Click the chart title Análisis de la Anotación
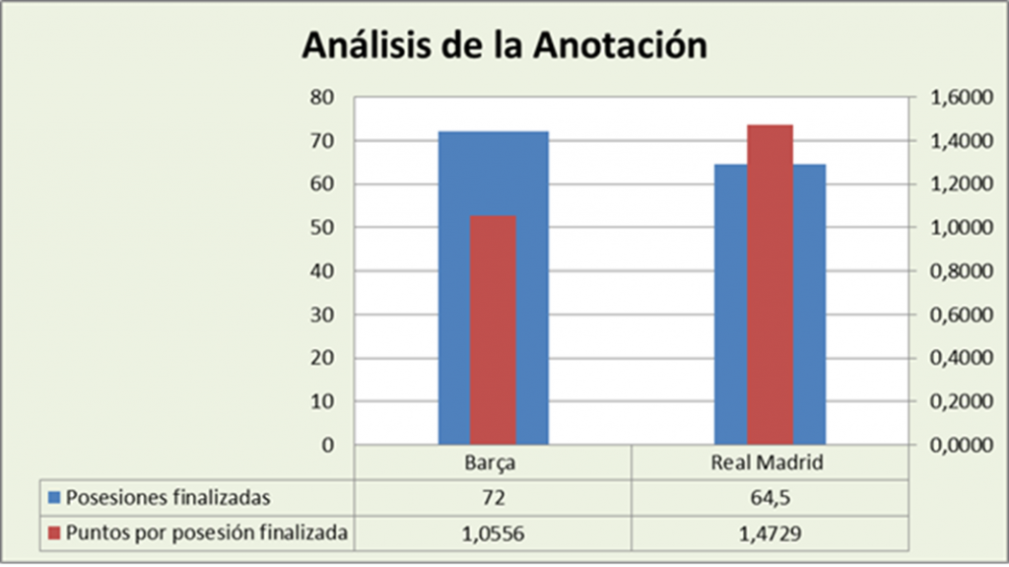click(504, 46)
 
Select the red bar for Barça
click(493, 330)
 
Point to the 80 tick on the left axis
click(322, 98)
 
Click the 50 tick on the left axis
click(322, 228)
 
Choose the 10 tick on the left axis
click(322, 402)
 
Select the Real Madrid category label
click(768, 462)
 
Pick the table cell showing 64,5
click(768, 496)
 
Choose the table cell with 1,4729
click(768, 532)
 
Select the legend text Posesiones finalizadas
click(168, 496)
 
